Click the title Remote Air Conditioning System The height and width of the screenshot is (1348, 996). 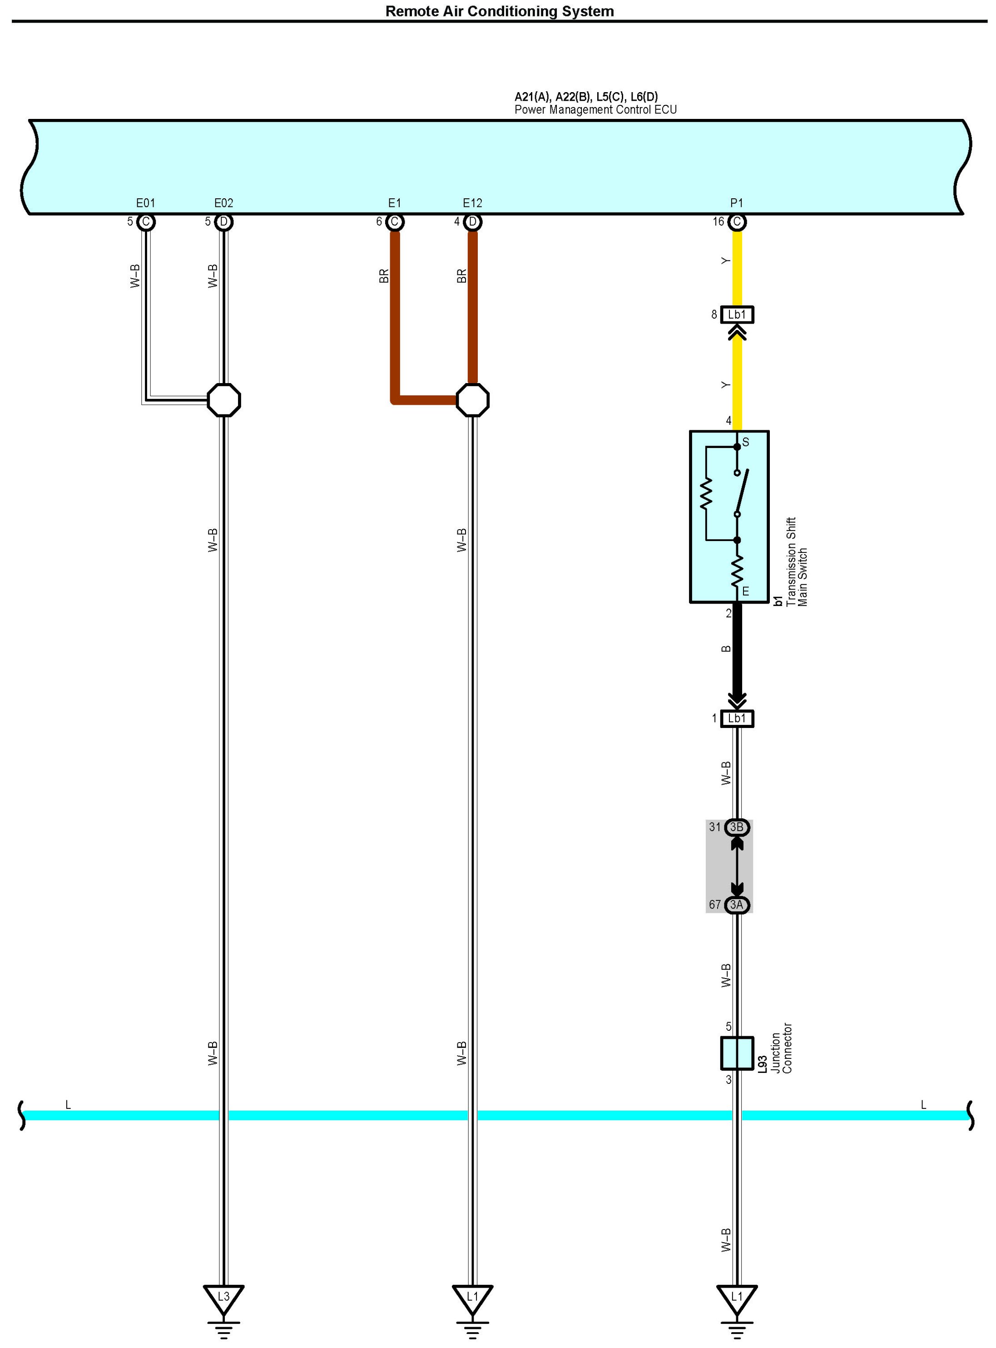[499, 11]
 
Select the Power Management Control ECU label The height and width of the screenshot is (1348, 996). [595, 110]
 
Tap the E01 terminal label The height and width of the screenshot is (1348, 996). [145, 203]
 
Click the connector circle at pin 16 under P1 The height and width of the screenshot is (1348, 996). [737, 222]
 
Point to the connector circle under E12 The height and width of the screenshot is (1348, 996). [473, 222]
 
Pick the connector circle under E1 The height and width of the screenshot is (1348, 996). [394, 222]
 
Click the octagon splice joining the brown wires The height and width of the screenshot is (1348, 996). [473, 399]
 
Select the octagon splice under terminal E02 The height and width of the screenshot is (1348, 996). [223, 399]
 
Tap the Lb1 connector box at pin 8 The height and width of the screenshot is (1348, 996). [737, 315]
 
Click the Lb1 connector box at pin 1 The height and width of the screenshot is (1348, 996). [737, 718]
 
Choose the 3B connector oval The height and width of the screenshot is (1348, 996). [737, 827]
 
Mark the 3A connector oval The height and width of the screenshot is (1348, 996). [737, 905]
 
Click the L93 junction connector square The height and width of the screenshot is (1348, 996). [737, 1053]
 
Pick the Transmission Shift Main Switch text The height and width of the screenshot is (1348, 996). [797, 561]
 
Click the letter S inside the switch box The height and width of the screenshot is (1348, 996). [746, 443]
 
